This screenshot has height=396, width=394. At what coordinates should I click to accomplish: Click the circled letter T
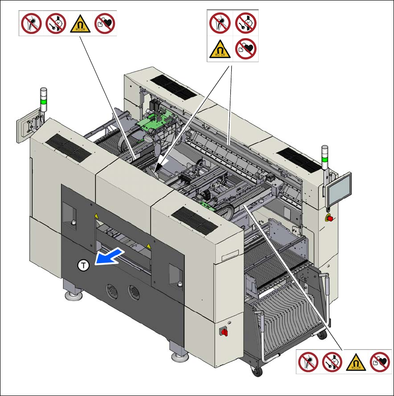[83, 266]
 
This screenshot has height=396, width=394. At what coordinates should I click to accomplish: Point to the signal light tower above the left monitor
[44, 99]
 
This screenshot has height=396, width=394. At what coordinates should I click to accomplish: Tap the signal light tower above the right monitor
[325, 158]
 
